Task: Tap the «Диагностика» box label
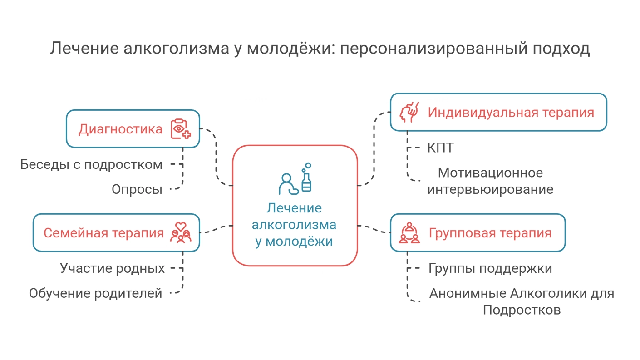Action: [x=120, y=129]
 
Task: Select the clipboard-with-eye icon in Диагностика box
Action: [x=181, y=129]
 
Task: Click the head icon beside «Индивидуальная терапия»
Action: [x=409, y=112]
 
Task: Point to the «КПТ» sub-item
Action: [x=440, y=148]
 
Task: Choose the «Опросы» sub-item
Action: [x=137, y=189]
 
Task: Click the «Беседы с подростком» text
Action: [x=91, y=165]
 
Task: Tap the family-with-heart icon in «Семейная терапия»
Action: [x=181, y=232]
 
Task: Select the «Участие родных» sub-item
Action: [x=112, y=268]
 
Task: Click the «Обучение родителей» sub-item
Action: [x=95, y=293]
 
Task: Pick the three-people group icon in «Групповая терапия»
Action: [x=409, y=233]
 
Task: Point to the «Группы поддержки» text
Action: [x=490, y=269]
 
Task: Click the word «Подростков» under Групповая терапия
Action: [x=522, y=310]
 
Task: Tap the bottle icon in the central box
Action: [x=306, y=178]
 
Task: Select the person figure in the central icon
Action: [x=288, y=184]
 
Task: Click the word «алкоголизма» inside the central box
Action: [x=294, y=225]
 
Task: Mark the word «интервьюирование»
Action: [x=490, y=189]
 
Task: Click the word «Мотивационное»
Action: [x=490, y=173]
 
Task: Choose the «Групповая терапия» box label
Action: [x=490, y=233]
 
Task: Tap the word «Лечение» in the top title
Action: [x=84, y=48]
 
